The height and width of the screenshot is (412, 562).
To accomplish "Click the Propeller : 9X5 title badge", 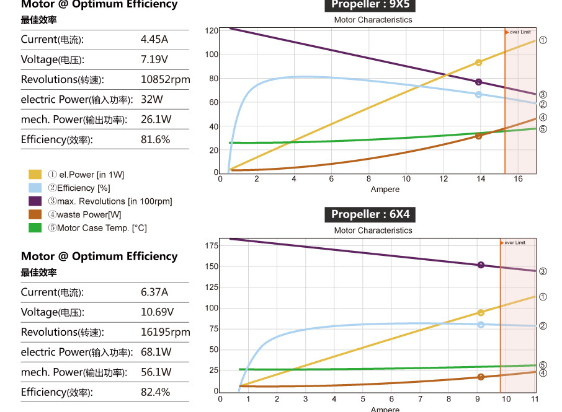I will click(x=370, y=5).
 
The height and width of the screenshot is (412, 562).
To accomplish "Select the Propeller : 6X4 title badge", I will click(x=370, y=214).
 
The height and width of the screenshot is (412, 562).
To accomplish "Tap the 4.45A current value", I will click(x=154, y=40).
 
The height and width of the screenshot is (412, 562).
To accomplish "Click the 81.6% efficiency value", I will click(x=155, y=139).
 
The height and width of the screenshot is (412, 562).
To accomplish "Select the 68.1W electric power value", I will click(x=156, y=352).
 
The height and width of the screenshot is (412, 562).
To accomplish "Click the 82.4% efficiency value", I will click(x=155, y=392).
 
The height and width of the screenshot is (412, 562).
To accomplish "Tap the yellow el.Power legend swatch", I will click(x=35, y=175).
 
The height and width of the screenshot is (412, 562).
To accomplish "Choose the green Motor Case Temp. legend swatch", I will click(x=35, y=228).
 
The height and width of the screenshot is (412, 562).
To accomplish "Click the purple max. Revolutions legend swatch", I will click(x=35, y=201).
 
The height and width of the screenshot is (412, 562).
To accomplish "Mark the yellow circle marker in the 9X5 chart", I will click(x=478, y=63).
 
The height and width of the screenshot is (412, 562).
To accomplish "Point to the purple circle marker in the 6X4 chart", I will click(x=481, y=265).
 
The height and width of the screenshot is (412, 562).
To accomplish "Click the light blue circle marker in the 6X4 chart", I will click(x=481, y=325).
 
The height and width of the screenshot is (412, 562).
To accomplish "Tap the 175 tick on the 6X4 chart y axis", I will click(x=211, y=246).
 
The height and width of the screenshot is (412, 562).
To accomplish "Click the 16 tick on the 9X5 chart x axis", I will click(x=517, y=179).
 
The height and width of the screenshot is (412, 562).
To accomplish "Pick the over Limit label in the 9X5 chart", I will click(x=520, y=32).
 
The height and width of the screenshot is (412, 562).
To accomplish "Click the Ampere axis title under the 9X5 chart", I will click(x=385, y=189).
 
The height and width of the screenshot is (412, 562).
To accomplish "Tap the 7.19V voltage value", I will click(x=154, y=60).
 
